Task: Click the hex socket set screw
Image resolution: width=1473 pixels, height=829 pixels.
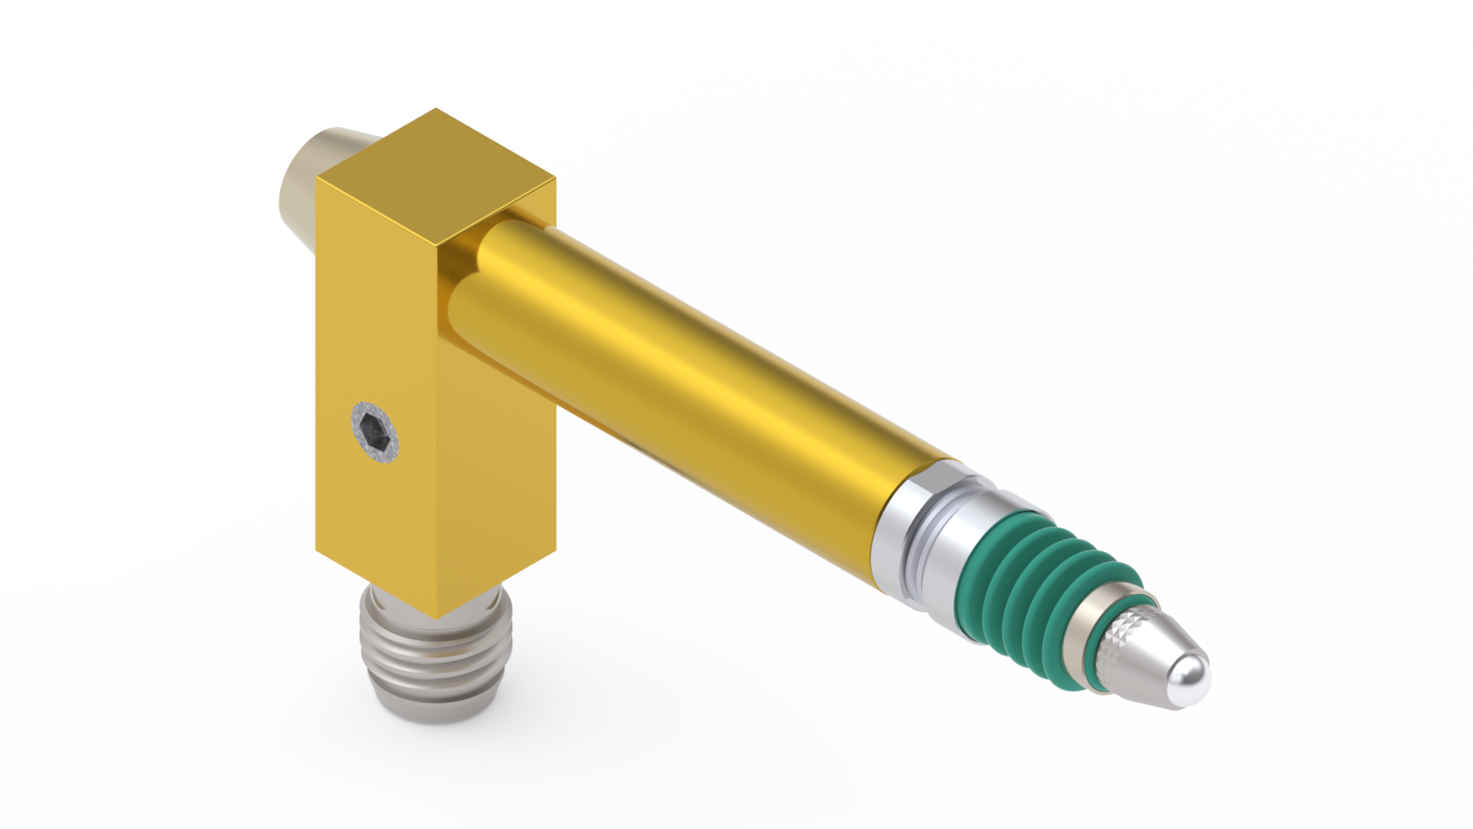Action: (376, 432)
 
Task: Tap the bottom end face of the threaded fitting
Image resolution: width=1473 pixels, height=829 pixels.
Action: (433, 710)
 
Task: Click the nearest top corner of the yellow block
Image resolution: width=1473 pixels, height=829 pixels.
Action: (436, 246)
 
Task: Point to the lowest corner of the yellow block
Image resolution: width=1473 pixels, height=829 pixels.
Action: (436, 618)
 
